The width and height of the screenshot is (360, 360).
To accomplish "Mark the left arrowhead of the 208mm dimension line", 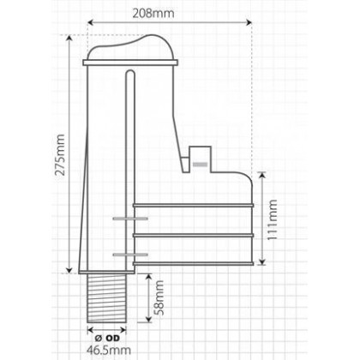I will tap(90, 25).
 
